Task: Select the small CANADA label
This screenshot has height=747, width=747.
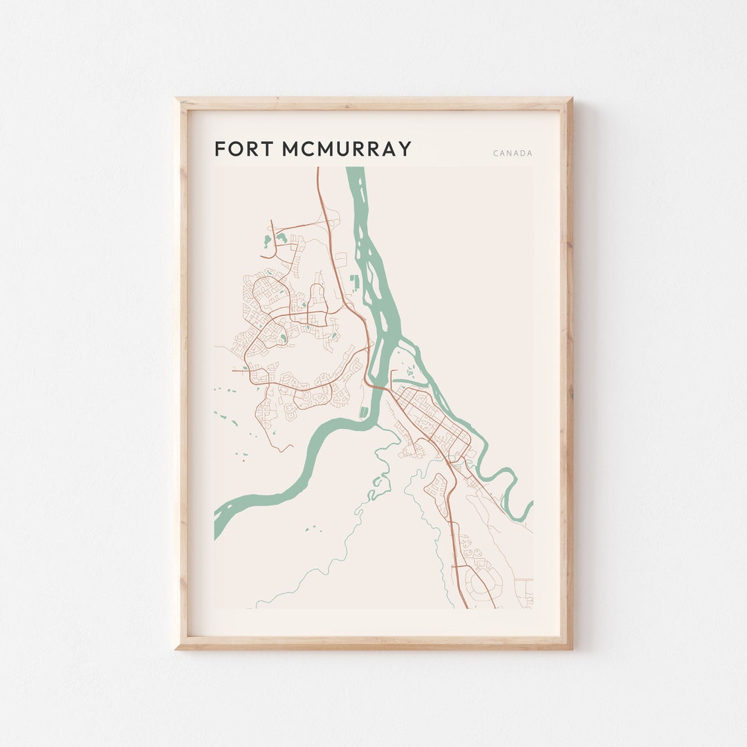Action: (x=513, y=154)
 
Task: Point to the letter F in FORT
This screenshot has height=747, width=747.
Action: (x=220, y=149)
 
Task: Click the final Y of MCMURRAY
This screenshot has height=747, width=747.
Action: (x=405, y=149)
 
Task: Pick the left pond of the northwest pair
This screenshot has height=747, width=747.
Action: (x=267, y=241)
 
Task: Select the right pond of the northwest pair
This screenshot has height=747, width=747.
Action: (x=282, y=237)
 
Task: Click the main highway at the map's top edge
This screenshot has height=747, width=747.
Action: (x=317, y=170)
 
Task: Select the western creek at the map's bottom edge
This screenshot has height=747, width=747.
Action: (x=257, y=606)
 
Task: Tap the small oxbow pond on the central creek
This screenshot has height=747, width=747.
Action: (x=376, y=492)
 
